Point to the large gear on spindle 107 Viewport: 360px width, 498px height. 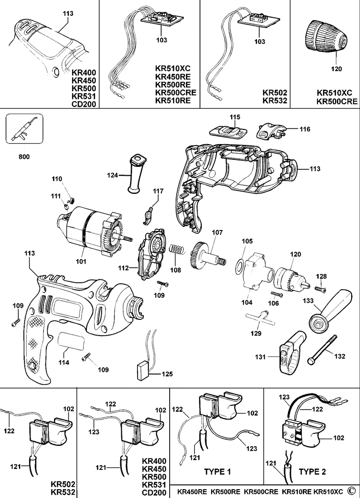point(199,255)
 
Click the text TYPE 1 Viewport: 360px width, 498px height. point(217,471)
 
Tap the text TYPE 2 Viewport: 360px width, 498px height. point(313,471)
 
